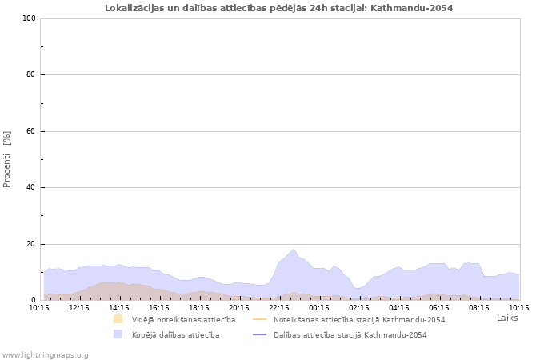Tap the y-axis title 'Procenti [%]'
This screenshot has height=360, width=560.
coord(7,159)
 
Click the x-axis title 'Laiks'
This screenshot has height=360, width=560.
coord(507,318)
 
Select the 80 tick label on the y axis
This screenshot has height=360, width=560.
coord(30,75)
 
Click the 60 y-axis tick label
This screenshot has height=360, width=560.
coord(30,131)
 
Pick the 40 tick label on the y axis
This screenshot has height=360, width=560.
coord(30,188)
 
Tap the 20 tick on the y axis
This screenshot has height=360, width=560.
coord(30,244)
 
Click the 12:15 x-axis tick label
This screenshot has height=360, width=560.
coord(79,307)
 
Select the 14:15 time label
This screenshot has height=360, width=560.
coord(119,307)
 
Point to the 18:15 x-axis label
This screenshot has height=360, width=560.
coord(199,307)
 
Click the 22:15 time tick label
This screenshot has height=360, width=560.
coord(279,307)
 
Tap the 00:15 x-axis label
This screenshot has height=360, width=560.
coord(319,307)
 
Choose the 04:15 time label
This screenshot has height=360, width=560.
coord(399,307)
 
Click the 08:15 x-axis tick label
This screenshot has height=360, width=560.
coord(479,307)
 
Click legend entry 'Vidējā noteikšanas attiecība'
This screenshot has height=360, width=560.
coord(183,319)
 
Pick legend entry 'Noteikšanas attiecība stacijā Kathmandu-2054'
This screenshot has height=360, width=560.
coord(358,319)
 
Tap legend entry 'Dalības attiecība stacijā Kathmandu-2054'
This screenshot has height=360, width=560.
coord(350,334)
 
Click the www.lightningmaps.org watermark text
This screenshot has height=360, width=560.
coord(45,354)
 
